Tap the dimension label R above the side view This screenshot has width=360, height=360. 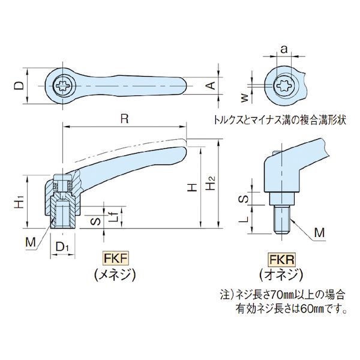click(124, 119)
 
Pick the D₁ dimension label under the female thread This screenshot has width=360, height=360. click(62, 247)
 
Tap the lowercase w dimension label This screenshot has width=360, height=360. click(244, 95)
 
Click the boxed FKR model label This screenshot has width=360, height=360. click(281, 261)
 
